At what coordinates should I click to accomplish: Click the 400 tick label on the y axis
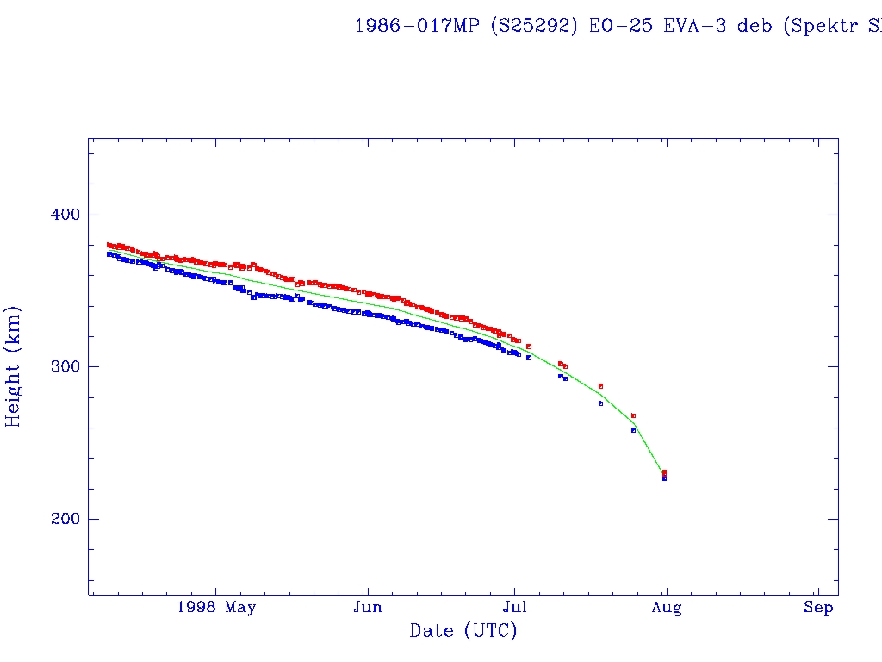pyautogui.click(x=57, y=215)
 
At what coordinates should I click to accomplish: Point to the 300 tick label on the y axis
pyautogui.click(x=57, y=366)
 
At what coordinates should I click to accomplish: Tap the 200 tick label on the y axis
pyautogui.click(x=57, y=519)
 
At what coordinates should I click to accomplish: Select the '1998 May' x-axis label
pyautogui.click(x=215, y=608)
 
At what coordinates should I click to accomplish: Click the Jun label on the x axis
pyautogui.click(x=368, y=608)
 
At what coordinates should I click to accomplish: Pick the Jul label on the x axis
pyautogui.click(x=514, y=608)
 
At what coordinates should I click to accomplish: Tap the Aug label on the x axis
pyautogui.click(x=666, y=608)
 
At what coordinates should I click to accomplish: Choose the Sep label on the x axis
pyautogui.click(x=818, y=608)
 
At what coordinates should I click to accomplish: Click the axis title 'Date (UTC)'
pyautogui.click(x=463, y=631)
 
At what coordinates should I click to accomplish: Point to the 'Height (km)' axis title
pyautogui.click(x=13, y=366)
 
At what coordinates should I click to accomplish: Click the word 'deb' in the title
pyautogui.click(x=750, y=25)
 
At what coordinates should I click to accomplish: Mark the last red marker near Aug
pyautogui.click(x=664, y=472)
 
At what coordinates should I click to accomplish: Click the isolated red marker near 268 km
pyautogui.click(x=633, y=415)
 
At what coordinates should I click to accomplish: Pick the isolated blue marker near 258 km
pyautogui.click(x=633, y=430)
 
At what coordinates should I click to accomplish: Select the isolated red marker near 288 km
pyautogui.click(x=600, y=385)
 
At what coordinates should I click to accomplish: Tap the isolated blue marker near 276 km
pyautogui.click(x=600, y=403)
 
